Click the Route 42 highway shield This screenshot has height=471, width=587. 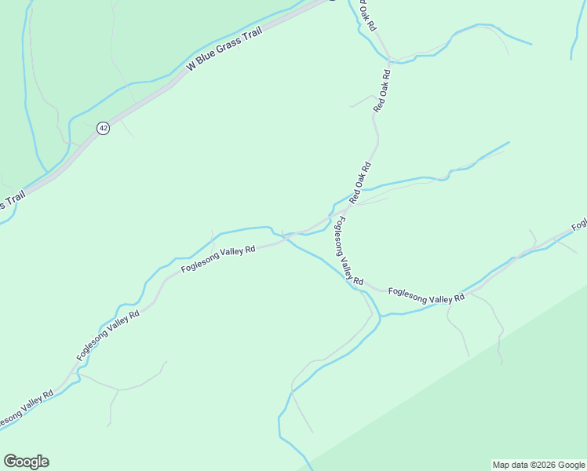tap(103, 128)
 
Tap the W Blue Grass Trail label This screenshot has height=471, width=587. tap(224, 53)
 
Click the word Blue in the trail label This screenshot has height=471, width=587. tap(210, 62)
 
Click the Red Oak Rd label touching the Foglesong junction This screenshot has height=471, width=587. tap(360, 182)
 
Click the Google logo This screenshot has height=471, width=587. tap(26, 462)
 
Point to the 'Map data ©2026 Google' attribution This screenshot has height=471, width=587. tap(538, 465)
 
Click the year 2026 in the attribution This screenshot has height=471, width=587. tap(546, 465)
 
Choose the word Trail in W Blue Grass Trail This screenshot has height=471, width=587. tap(250, 38)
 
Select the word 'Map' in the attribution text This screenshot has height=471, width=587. tap(501, 465)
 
